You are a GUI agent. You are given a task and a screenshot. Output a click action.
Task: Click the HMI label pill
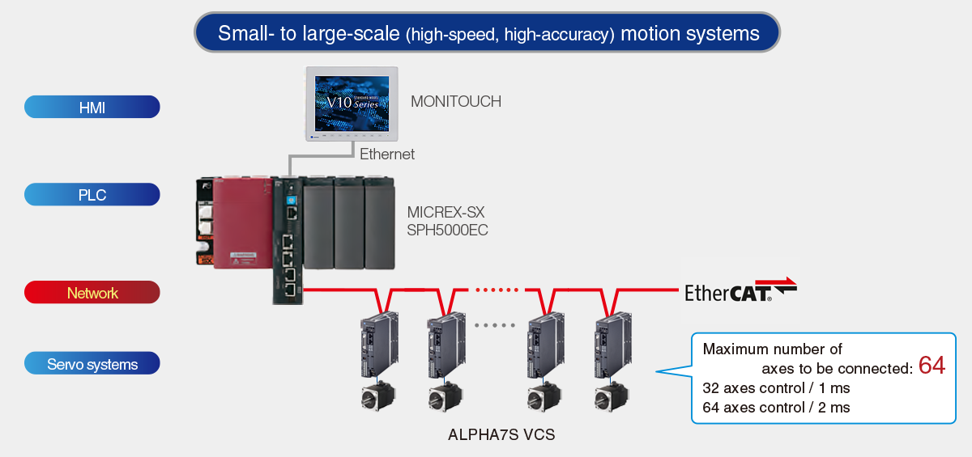92,107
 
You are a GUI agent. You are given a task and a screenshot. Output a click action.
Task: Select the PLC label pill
92,195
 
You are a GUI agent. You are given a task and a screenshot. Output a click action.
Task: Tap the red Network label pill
92,293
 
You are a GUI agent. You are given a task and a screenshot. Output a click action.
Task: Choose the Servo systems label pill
92,365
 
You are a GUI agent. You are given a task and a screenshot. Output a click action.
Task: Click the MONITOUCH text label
456,102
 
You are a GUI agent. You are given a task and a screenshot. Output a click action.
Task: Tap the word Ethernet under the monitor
387,154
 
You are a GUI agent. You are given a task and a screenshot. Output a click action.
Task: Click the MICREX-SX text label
446,213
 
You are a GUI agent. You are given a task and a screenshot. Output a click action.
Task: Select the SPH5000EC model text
447,231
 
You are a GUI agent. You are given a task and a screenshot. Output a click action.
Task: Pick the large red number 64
932,365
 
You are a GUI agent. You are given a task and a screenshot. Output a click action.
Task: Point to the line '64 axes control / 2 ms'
776,408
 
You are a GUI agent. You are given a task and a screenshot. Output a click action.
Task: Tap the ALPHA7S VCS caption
501,435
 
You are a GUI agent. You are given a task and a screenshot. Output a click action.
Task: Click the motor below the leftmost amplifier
378,396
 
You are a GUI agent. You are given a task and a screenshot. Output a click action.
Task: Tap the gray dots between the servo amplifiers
494,325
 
